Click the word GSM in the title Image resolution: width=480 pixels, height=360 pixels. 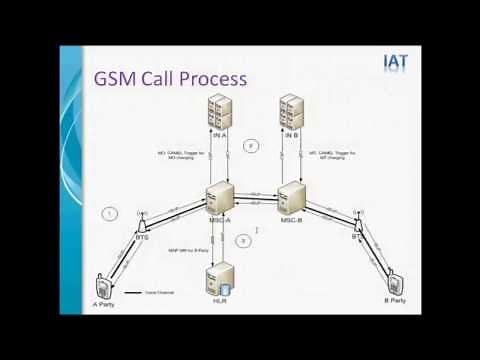click(118, 80)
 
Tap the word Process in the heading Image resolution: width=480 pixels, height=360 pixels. click(209, 80)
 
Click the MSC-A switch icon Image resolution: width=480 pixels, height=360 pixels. click(220, 195)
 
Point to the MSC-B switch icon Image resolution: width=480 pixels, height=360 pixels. click(291, 196)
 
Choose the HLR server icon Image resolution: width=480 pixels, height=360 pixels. click(220, 273)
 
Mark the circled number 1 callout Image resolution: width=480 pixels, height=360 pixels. click(112, 212)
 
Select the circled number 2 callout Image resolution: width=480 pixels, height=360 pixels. click(251, 147)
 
